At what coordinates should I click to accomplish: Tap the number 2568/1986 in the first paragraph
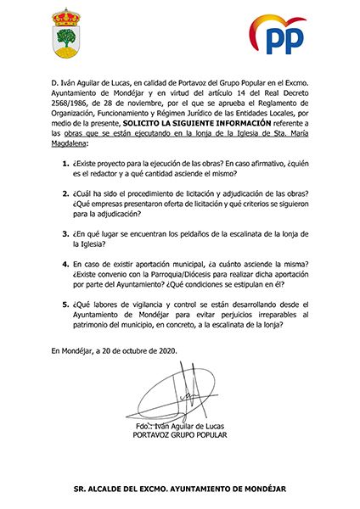(70, 120)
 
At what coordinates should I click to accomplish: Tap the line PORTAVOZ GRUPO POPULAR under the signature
(180, 434)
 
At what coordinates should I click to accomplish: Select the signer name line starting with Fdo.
(180, 425)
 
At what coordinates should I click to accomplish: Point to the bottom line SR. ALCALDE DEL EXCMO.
(180, 489)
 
